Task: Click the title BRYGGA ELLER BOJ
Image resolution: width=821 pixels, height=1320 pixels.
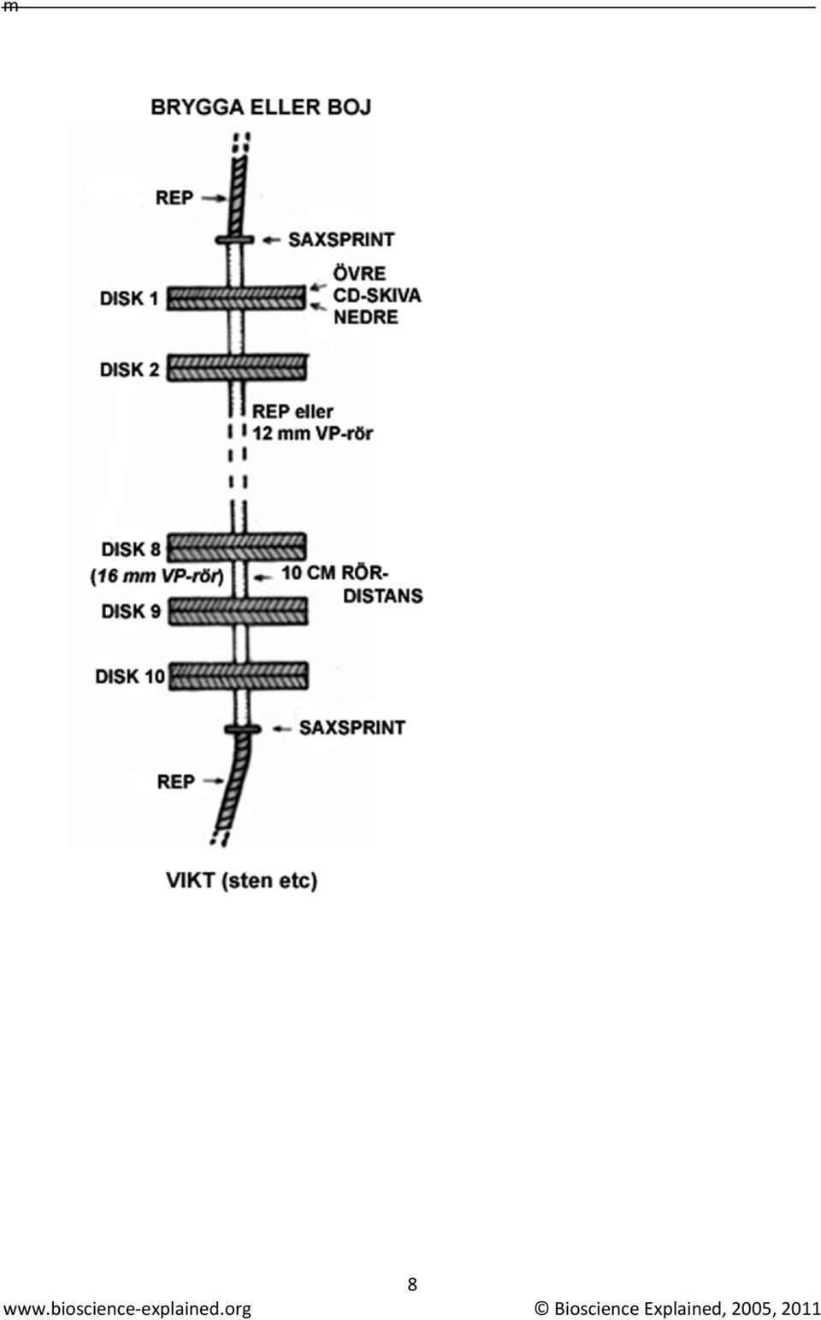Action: point(262,107)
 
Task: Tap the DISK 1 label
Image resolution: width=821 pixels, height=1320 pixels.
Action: point(129,299)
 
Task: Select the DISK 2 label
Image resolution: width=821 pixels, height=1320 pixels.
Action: point(130,370)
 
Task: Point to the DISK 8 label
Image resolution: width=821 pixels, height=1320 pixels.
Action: point(131,549)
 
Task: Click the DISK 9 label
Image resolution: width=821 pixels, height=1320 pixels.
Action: point(131,612)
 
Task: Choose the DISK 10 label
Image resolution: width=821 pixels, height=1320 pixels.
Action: point(130,676)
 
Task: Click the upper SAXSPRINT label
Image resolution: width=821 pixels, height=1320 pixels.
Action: point(341,240)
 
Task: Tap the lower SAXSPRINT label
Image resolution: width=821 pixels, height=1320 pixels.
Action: point(352,728)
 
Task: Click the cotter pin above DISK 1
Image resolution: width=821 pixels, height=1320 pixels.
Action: point(234,240)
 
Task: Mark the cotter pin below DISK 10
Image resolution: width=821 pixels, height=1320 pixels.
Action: point(243,730)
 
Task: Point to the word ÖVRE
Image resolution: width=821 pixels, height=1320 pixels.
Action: point(360,274)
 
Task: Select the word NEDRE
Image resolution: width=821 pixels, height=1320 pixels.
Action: point(366,317)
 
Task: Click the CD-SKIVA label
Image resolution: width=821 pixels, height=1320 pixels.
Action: point(377,295)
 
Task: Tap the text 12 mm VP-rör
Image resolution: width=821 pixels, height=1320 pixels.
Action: point(313,434)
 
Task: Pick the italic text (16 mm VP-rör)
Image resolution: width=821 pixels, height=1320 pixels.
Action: point(157,576)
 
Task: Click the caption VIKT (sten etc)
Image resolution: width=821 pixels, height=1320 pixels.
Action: point(241,881)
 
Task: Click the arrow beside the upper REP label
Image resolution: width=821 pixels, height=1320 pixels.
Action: point(215,198)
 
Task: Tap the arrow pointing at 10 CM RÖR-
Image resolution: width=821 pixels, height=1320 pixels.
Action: point(263,577)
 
